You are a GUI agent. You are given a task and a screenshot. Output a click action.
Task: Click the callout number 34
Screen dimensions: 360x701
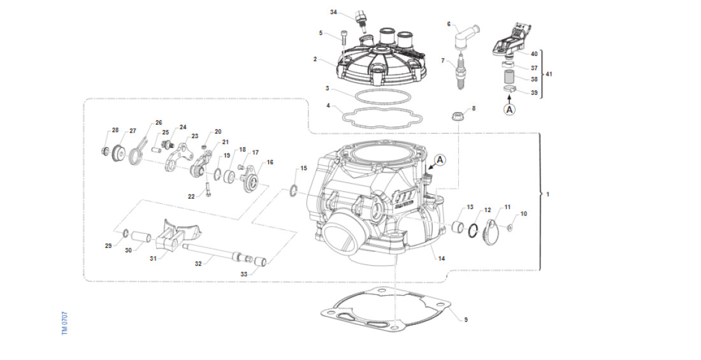point(333,12)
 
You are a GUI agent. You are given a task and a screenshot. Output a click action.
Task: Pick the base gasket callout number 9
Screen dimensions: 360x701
point(466,319)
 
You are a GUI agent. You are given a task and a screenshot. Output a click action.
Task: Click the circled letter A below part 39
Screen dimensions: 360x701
point(509,109)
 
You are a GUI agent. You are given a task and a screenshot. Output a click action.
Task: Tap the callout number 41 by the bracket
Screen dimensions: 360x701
point(549,74)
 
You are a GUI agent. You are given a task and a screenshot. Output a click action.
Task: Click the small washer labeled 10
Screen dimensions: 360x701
point(512,227)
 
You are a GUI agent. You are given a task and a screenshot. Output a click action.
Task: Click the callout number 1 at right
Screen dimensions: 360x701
point(548,194)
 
